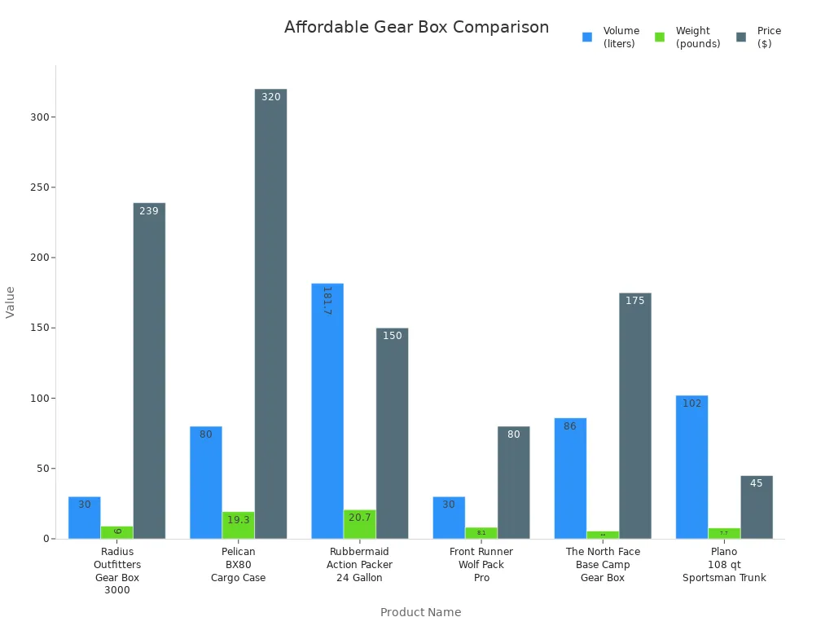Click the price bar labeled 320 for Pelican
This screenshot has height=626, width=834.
click(x=270, y=314)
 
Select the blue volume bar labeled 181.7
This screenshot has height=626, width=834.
click(x=327, y=411)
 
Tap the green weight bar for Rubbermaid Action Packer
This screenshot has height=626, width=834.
click(x=359, y=524)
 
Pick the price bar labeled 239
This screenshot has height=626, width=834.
click(x=149, y=371)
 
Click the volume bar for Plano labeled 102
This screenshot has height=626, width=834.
click(x=691, y=467)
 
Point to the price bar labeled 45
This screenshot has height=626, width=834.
click(x=757, y=507)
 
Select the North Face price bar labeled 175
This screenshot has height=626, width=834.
click(x=635, y=416)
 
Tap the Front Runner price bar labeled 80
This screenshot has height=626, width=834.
click(x=514, y=483)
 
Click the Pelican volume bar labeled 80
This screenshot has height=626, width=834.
click(x=206, y=483)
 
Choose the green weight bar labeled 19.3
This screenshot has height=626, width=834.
click(x=238, y=525)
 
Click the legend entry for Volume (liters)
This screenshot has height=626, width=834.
click(x=612, y=37)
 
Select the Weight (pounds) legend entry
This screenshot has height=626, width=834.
click(x=688, y=37)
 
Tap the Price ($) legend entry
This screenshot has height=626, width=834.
click(x=759, y=37)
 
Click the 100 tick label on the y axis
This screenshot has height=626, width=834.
click(x=41, y=399)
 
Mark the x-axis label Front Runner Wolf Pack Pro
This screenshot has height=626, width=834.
click(x=481, y=565)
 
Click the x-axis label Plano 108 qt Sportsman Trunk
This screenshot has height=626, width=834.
click(x=724, y=565)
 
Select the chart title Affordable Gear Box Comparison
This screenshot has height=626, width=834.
click(x=416, y=27)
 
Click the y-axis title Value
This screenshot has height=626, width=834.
click(x=11, y=302)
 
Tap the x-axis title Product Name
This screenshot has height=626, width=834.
click(x=420, y=612)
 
